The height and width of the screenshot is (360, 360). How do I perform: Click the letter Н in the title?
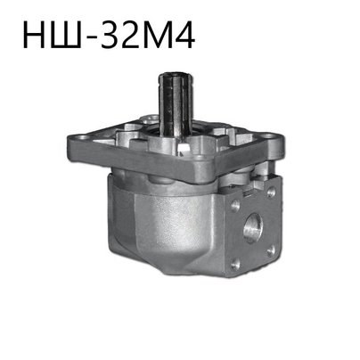[34, 35]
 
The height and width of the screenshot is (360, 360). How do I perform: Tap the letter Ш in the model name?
[66, 35]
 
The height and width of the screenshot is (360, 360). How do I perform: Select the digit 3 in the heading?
[108, 36]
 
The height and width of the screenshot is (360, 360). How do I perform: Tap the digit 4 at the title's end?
[185, 35]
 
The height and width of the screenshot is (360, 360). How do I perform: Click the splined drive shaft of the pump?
[175, 105]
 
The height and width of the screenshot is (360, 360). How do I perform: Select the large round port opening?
[253, 228]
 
